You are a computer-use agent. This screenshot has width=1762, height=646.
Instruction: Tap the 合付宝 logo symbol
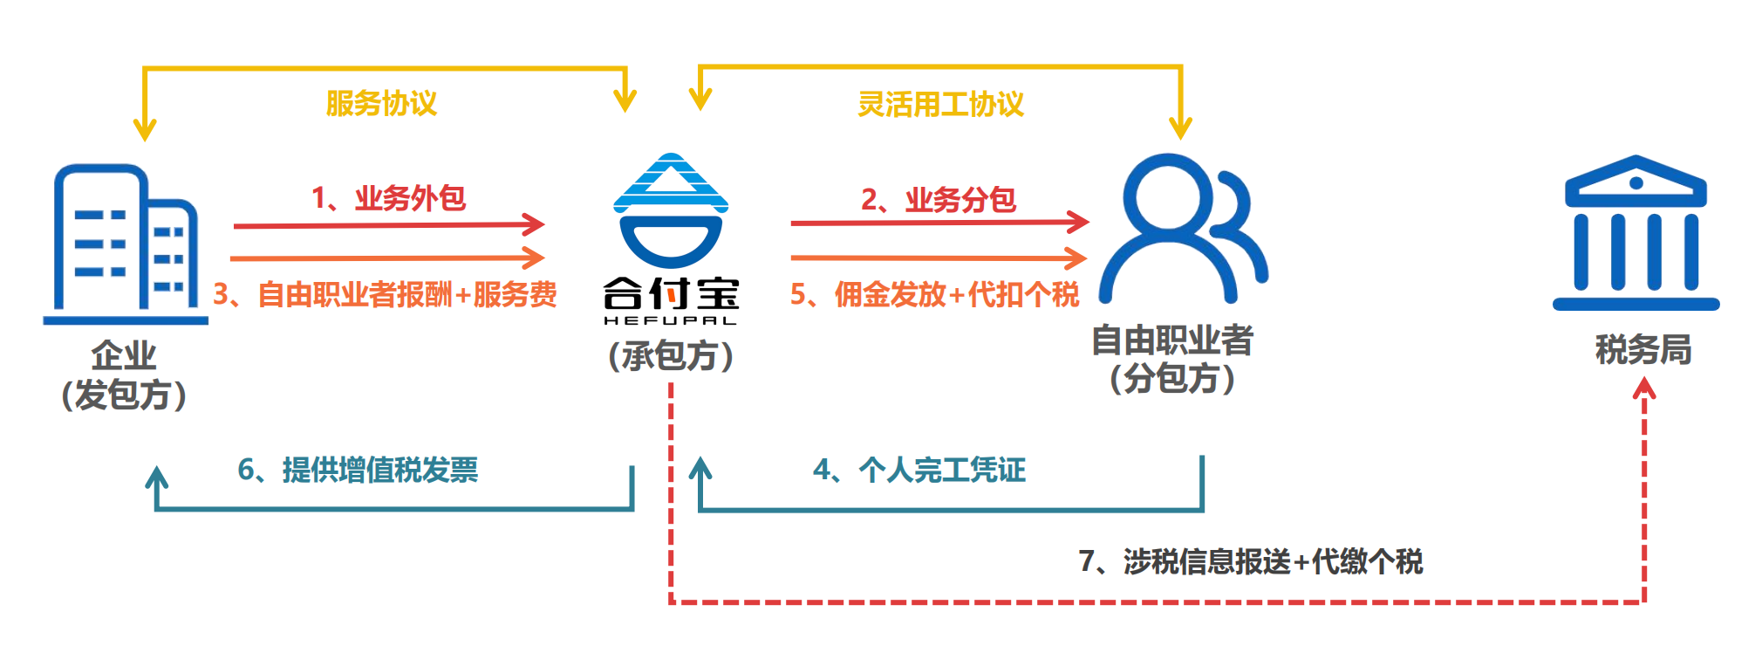coord(671,210)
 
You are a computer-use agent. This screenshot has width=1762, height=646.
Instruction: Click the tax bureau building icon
coord(1636,233)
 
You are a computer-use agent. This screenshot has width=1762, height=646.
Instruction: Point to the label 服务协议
coord(381,103)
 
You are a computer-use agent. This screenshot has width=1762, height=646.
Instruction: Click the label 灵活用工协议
coord(940,105)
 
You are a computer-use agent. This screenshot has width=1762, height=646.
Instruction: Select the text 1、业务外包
coord(389,198)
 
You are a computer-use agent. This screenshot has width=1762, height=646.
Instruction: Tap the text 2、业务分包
coord(939,200)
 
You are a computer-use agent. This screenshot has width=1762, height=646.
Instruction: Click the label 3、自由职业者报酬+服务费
coord(385,294)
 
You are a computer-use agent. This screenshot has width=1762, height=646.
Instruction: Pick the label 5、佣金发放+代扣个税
coord(934,294)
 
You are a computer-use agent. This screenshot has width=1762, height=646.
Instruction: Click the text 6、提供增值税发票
coord(358,470)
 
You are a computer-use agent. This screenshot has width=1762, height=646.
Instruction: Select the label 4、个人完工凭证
coord(919,470)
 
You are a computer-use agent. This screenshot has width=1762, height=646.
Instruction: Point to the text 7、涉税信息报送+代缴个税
coord(1250,561)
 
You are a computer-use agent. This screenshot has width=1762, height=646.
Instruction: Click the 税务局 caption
coord(1643,350)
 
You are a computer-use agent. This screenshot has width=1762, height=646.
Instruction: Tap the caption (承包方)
coord(671,356)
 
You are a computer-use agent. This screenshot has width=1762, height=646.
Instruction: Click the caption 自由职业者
coord(1172,340)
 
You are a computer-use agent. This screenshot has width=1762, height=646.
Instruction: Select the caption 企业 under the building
coord(124,355)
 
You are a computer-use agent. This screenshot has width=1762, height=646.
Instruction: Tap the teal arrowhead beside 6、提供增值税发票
coord(156,478)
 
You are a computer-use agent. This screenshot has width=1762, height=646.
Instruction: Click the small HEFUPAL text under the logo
coord(670,320)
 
